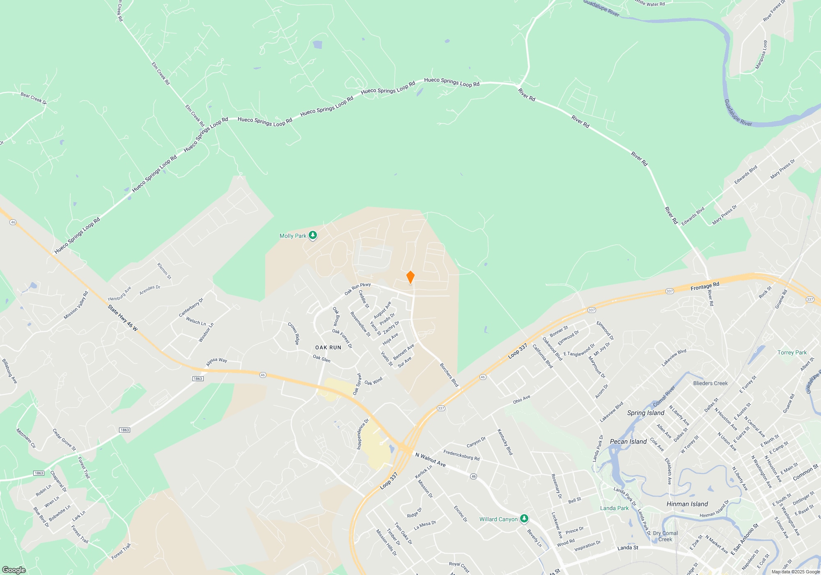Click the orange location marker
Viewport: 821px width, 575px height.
pyautogui.click(x=410, y=277)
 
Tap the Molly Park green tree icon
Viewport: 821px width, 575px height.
pyautogui.click(x=313, y=235)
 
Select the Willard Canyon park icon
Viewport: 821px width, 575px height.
pyautogui.click(x=524, y=519)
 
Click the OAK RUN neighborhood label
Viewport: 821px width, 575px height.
pyautogui.click(x=328, y=347)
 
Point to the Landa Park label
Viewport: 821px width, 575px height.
pyautogui.click(x=614, y=508)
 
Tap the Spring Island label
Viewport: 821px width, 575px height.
pyautogui.click(x=645, y=413)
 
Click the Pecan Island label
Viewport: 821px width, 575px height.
pyautogui.click(x=628, y=442)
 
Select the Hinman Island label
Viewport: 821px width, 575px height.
pyautogui.click(x=687, y=504)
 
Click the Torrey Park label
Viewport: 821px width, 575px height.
pyautogui.click(x=792, y=352)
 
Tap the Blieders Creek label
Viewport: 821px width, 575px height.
pyautogui.click(x=710, y=383)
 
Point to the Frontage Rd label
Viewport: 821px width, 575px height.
pyautogui.click(x=705, y=286)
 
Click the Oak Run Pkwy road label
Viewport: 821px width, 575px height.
pyautogui.click(x=358, y=288)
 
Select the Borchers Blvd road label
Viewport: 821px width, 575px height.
pyautogui.click(x=449, y=375)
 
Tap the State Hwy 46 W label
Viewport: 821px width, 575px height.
pyautogui.click(x=123, y=317)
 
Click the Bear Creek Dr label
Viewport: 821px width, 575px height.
pyautogui.click(x=34, y=98)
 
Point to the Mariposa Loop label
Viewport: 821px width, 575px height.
pyautogui.click(x=761, y=55)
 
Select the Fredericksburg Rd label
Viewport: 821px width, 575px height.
pyautogui.click(x=461, y=455)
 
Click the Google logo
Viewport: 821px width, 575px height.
pyautogui.click(x=14, y=570)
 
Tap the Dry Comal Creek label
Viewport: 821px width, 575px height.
pyautogui.click(x=665, y=536)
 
